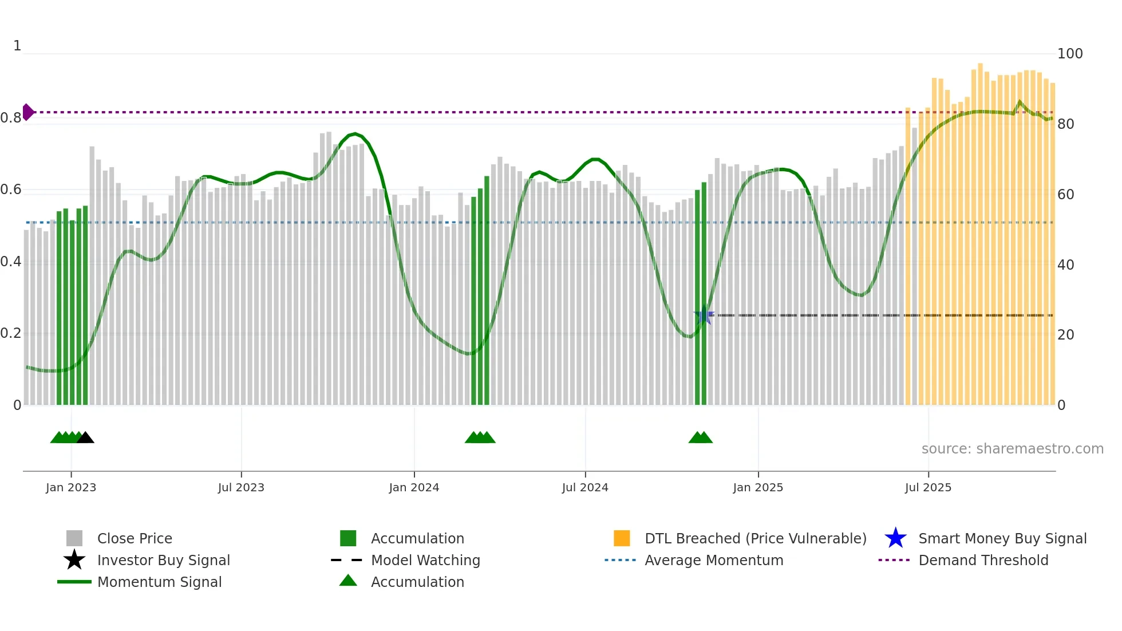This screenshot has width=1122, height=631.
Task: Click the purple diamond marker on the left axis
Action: tap(27, 112)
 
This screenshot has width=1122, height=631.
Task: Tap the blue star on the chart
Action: tap(704, 315)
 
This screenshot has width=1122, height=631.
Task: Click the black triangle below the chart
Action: tap(85, 438)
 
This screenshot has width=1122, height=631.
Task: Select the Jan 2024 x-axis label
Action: tap(414, 488)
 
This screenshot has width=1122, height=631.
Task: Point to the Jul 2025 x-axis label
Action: tap(928, 488)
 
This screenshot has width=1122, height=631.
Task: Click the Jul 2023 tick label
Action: tap(241, 488)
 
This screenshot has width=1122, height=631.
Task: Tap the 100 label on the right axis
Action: tap(1069, 54)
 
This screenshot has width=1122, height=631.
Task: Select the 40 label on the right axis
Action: tap(1065, 265)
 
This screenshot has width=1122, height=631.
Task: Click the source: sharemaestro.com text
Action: tap(1012, 449)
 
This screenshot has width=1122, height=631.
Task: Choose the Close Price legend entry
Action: tap(135, 539)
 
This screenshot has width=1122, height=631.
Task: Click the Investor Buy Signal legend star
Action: tap(74, 560)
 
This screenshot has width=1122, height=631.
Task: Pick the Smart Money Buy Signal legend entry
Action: tap(1002, 539)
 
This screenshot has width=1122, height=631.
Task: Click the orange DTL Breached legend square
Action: tap(622, 538)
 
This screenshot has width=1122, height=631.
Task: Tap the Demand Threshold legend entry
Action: tap(983, 561)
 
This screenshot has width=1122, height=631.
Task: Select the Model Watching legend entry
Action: tap(425, 561)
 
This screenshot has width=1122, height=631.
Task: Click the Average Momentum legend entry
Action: tap(713, 561)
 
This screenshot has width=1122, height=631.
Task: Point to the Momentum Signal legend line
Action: tap(74, 582)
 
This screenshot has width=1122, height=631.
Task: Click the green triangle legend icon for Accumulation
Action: tap(348, 581)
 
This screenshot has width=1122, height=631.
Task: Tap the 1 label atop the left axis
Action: tap(17, 46)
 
